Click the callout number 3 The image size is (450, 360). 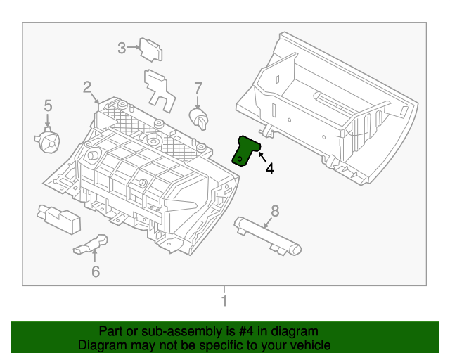(122, 48)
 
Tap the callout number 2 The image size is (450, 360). (87, 87)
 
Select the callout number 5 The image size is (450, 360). (48, 105)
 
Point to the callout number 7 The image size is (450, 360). (198, 89)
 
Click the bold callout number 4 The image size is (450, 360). (270, 169)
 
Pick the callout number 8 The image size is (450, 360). (275, 211)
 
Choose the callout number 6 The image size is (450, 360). (96, 271)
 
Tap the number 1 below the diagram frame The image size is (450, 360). (224, 300)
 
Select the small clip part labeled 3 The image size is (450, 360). (150, 50)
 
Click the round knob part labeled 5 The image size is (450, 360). (47, 140)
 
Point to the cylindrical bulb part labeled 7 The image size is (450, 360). (198, 119)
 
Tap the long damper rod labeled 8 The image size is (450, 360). (267, 236)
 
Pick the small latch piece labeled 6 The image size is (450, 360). (91, 245)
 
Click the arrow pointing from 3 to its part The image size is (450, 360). (133, 47)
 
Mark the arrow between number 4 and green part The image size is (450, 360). (262, 157)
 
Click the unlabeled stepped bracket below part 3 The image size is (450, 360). (160, 90)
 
